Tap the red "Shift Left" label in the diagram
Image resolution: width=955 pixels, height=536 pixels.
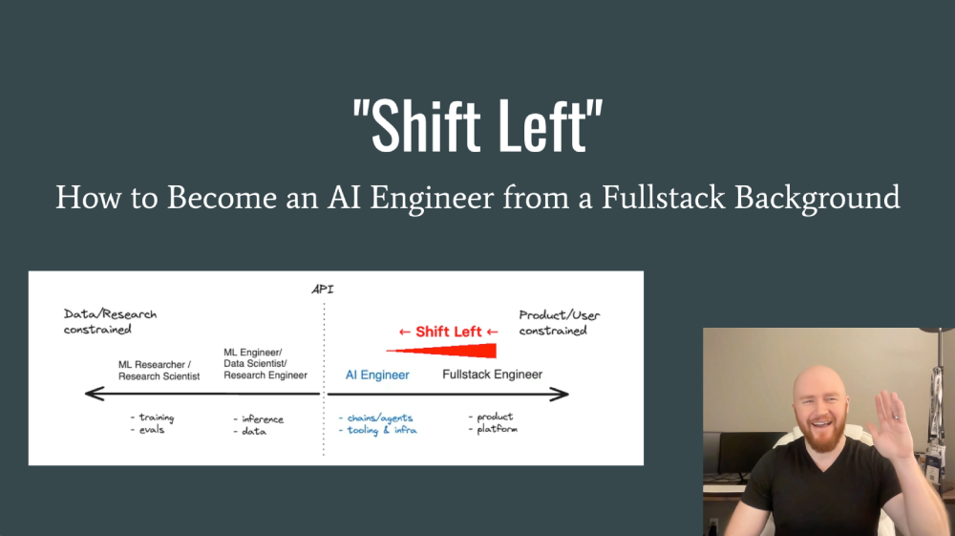point(448,332)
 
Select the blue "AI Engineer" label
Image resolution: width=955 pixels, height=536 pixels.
point(377,375)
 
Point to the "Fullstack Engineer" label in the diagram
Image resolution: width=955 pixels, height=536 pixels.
point(492,375)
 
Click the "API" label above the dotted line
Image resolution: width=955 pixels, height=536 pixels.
point(323,289)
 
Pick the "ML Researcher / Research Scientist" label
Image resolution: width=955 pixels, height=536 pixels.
point(159,370)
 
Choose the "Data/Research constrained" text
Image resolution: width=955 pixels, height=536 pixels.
point(110,322)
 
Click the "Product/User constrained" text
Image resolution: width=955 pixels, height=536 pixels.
point(559,322)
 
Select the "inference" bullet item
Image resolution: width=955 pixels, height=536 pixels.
point(261,418)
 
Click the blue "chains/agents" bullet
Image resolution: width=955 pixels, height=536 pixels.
point(378,418)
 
